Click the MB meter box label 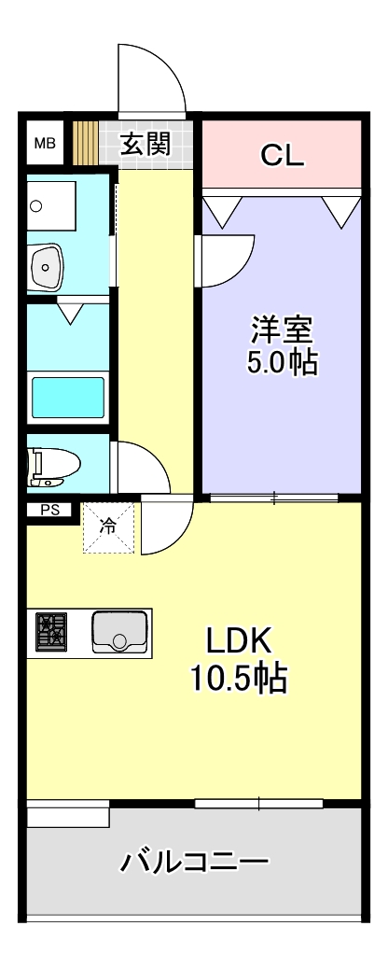(45, 144)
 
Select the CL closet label (282, 155)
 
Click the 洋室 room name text (282, 330)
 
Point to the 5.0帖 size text (282, 363)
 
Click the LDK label (239, 643)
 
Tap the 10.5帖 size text (239, 678)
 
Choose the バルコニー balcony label (194, 862)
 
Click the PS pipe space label (48, 510)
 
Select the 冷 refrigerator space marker (108, 526)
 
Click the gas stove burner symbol (51, 632)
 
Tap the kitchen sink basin (119, 632)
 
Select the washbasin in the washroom (46, 267)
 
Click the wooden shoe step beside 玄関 (86, 143)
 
